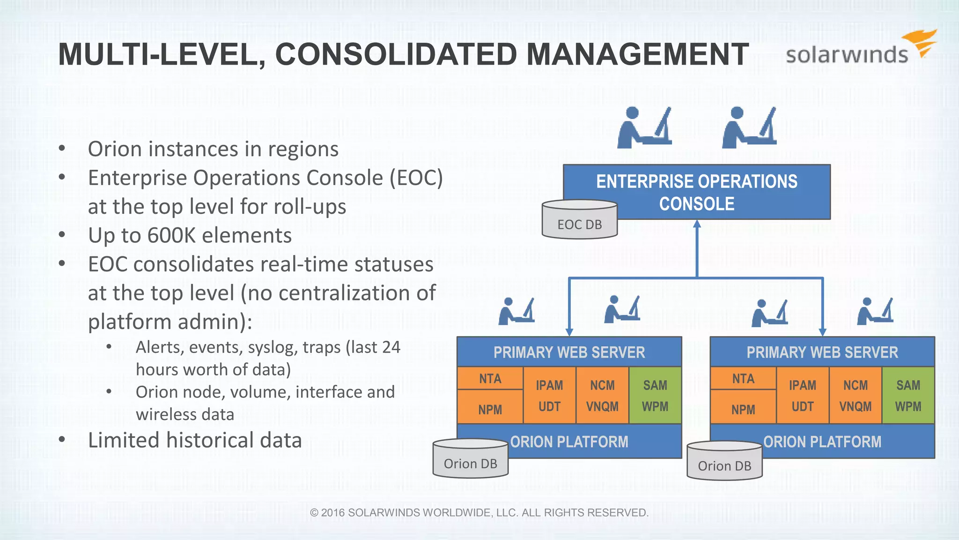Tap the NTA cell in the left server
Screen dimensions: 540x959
tap(490, 378)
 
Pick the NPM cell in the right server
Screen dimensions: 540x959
tap(743, 409)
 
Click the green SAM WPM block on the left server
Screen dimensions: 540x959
tap(655, 396)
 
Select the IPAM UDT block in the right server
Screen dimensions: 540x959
tap(803, 396)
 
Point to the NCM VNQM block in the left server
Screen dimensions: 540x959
tap(602, 396)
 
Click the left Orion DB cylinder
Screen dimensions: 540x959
tap(470, 460)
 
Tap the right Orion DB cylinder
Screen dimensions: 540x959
tap(724, 462)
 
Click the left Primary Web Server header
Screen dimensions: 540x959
tap(569, 352)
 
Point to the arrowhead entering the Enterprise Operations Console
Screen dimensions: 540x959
tap(697, 224)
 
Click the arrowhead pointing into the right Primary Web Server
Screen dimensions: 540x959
tap(822, 332)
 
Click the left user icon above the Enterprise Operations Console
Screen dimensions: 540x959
tap(644, 128)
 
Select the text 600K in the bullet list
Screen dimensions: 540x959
tap(171, 235)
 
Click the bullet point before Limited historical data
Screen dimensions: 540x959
tap(62, 440)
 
